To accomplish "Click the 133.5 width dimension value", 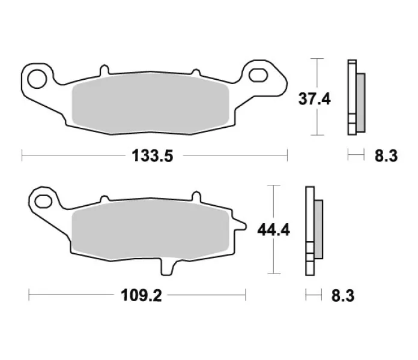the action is tap(152, 156).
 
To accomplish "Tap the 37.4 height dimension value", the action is tap(315, 99).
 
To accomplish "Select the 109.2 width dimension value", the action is tap(141, 295).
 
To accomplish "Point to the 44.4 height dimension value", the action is tap(273, 230).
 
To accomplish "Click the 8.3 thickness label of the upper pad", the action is tap(386, 156).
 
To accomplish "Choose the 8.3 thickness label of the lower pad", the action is tap(343, 296).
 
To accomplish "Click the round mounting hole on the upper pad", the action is tap(37, 79).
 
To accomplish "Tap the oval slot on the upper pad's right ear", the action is tap(258, 75).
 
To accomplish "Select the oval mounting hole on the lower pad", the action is tap(43, 202).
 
